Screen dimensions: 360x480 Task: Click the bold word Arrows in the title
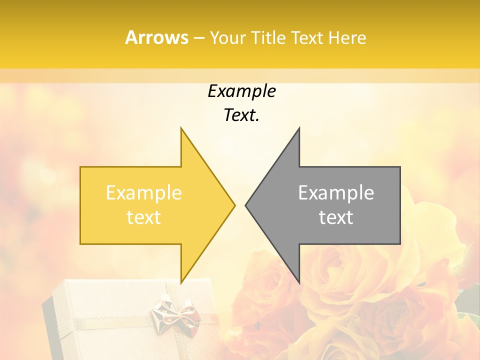[x=157, y=37]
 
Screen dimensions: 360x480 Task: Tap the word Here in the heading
[x=347, y=37]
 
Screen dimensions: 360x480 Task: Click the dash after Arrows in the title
[x=199, y=38]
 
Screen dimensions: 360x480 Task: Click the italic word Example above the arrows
[x=241, y=91]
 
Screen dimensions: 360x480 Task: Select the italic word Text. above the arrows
[x=241, y=115]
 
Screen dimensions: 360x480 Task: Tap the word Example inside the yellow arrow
[x=144, y=192]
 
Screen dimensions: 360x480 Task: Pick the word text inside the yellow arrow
[x=144, y=217]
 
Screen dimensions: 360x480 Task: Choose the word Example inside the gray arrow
[x=336, y=192]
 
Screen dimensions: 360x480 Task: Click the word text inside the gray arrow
[x=336, y=217]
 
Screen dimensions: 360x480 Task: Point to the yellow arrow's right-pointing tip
[x=234, y=205]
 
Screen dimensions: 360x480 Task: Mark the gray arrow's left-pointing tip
[x=246, y=205]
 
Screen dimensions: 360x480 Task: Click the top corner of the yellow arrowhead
[x=181, y=129]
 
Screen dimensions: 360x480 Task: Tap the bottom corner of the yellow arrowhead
[x=181, y=282]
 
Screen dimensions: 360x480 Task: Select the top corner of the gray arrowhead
[x=298, y=129]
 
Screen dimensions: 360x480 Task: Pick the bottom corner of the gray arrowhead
[x=298, y=282]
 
